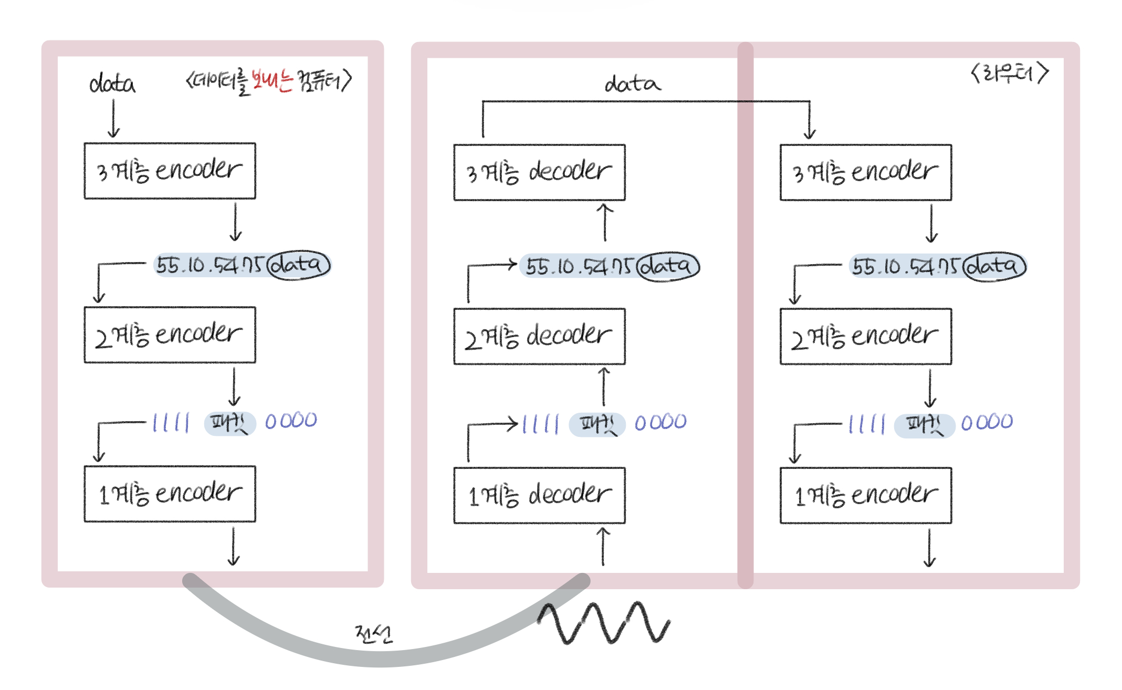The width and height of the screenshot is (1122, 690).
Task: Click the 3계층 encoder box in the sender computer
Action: (170, 171)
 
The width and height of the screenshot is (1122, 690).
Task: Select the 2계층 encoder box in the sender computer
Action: (170, 335)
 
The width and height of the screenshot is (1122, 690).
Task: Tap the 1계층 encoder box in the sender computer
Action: (170, 494)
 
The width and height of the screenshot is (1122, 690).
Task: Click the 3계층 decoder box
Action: (539, 172)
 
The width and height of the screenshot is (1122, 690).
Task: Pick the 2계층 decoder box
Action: (539, 337)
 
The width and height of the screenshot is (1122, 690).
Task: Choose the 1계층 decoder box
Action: (539, 495)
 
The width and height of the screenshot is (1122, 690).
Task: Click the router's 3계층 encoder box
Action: (865, 172)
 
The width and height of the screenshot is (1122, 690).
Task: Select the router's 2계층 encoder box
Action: (865, 337)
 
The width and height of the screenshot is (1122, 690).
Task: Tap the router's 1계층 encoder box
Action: (865, 495)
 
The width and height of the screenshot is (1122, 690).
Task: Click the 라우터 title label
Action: (1009, 73)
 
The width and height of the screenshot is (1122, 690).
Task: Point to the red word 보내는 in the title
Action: (271, 80)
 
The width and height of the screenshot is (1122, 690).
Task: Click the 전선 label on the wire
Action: (373, 634)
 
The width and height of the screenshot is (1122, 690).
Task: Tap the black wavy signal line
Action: (604, 623)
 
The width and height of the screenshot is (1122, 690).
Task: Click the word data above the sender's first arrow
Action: (112, 83)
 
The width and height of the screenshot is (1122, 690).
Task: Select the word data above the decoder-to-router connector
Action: (632, 83)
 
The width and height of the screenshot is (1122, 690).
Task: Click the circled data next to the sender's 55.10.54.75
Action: (298, 265)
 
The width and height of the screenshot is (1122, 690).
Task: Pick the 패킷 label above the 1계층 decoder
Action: (597, 424)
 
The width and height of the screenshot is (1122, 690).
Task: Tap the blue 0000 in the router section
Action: (987, 422)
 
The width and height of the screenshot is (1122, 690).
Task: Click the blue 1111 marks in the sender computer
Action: (171, 422)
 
